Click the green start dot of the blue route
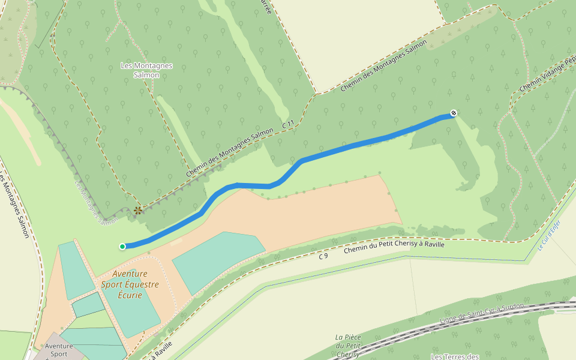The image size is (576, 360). [x=122, y=246]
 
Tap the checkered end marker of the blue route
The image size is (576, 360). [x=454, y=112]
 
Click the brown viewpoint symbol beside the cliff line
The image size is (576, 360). [x=138, y=210]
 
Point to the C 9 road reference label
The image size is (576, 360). [x=323, y=256]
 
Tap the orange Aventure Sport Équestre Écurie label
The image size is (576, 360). [x=130, y=284]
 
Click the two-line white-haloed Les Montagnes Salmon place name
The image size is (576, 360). [x=147, y=70]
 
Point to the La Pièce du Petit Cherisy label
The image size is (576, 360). [x=347, y=346]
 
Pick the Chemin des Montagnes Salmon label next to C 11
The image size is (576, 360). [x=225, y=153]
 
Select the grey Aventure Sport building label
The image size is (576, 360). [x=59, y=350]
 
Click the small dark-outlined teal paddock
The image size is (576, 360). [x=88, y=304]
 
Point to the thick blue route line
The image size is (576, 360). [x=360, y=143]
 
